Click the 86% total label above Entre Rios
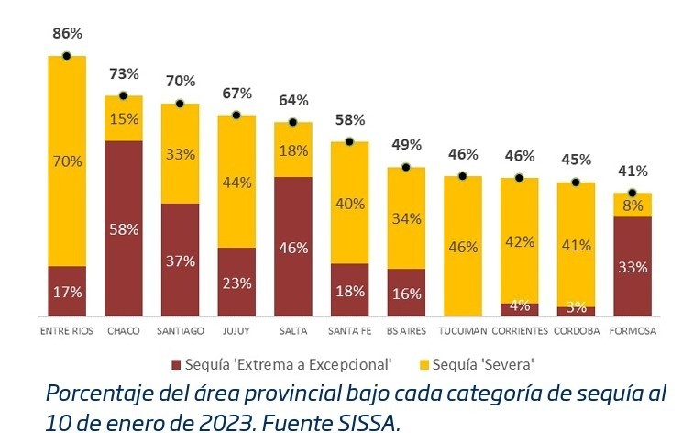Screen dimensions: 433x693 67,34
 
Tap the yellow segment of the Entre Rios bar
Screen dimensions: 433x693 67,161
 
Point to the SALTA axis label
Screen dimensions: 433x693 292,331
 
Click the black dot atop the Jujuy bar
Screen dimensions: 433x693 236,116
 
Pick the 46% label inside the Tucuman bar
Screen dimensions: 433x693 463,246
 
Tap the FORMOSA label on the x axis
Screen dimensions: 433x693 632,331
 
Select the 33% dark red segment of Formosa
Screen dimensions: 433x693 632,266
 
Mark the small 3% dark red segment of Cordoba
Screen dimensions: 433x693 576,311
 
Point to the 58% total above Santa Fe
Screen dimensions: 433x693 349,119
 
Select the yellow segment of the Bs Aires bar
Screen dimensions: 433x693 406,218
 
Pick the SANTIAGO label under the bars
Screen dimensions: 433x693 180,331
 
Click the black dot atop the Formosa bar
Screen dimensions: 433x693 632,193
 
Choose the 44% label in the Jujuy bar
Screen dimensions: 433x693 236,182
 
